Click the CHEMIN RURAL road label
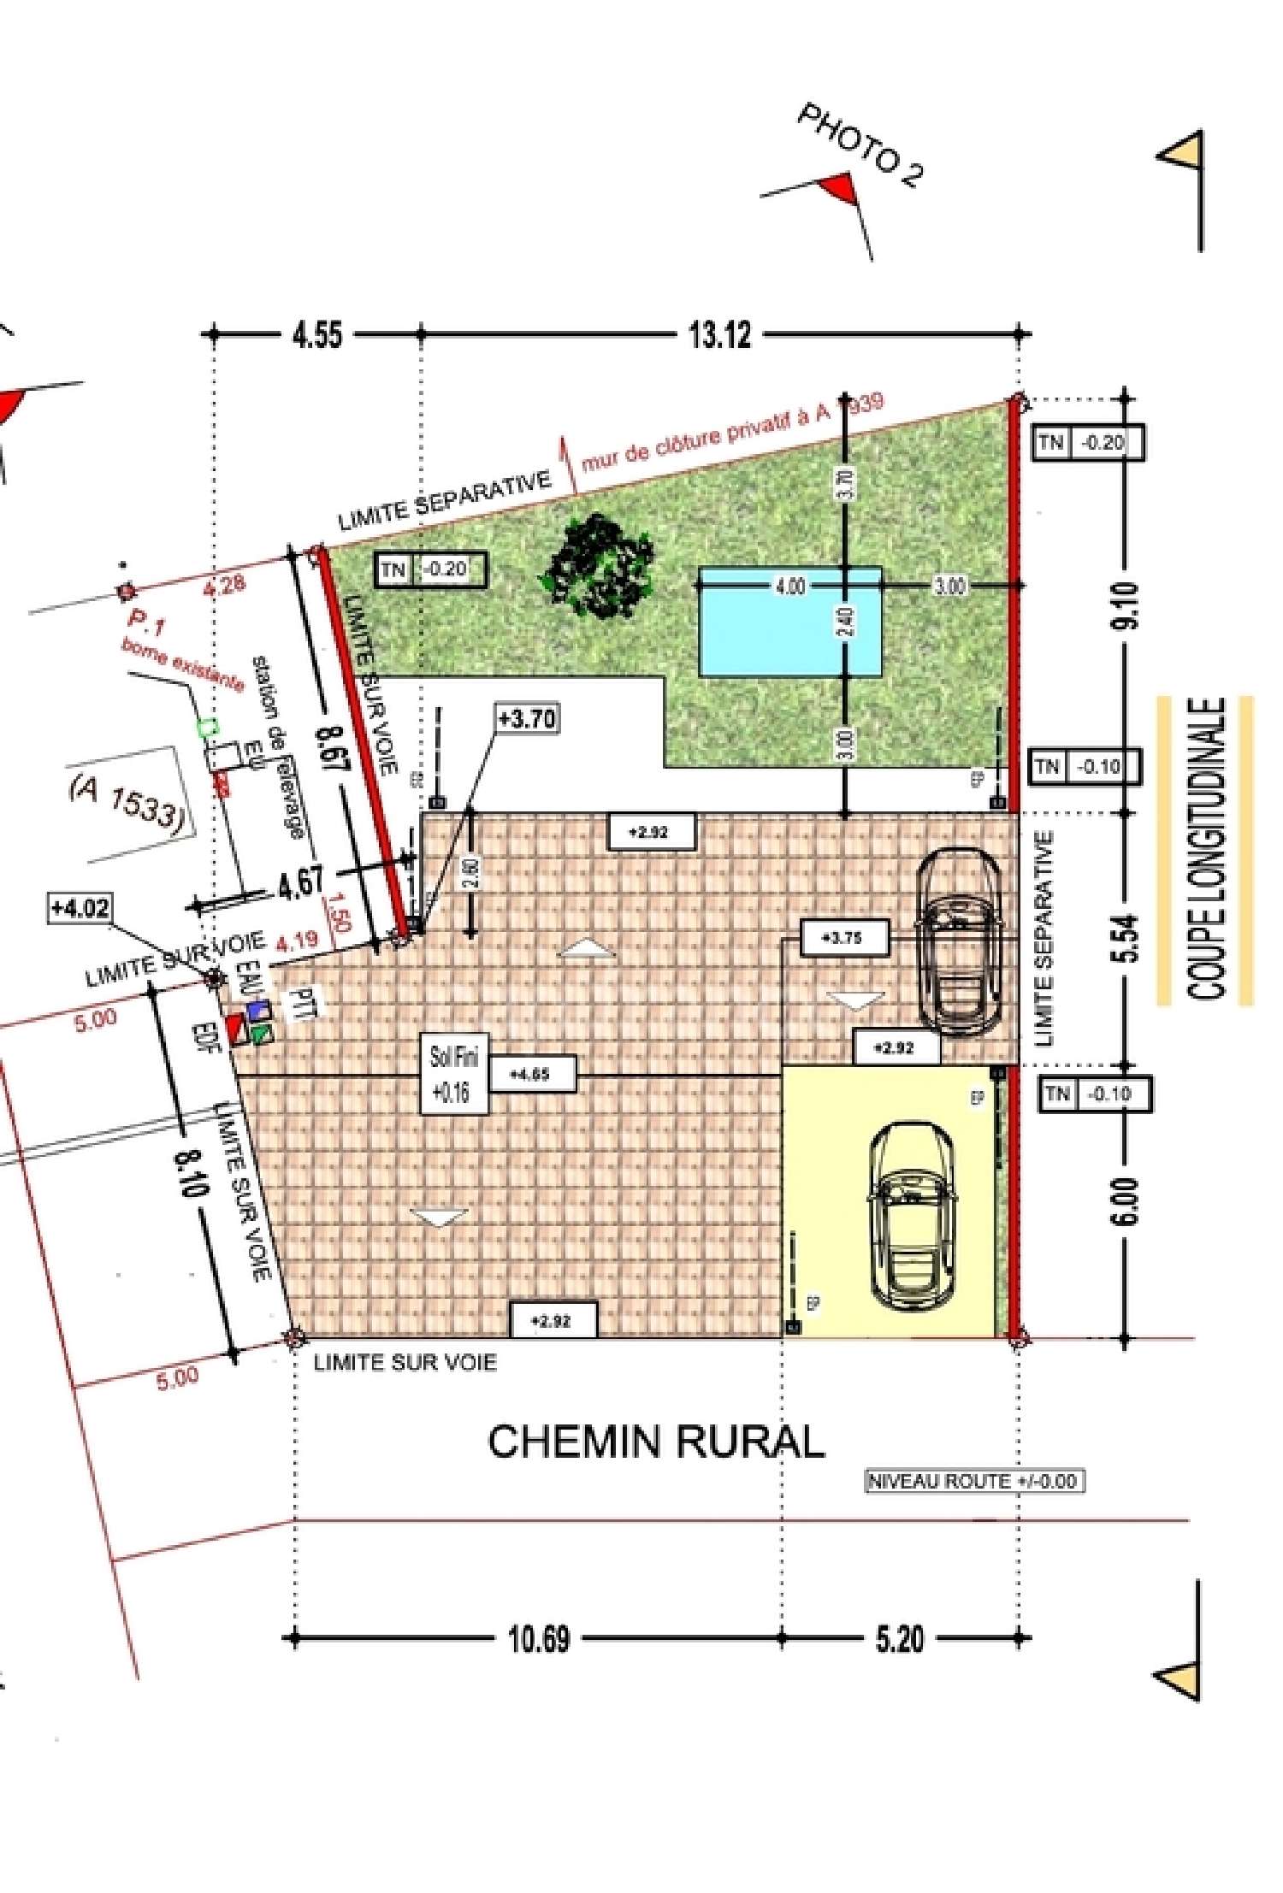(x=656, y=1442)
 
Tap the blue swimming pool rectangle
(x=790, y=622)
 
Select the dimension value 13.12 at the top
(x=720, y=334)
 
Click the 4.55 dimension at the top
(x=317, y=334)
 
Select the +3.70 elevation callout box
(x=528, y=718)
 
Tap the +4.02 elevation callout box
(x=80, y=907)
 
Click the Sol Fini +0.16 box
(x=453, y=1074)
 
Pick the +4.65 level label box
(x=529, y=1074)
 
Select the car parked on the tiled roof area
(x=959, y=941)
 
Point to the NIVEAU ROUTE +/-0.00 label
(x=974, y=1482)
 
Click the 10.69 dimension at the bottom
(x=539, y=1639)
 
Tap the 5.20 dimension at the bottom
(x=900, y=1639)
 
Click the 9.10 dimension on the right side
(x=1126, y=604)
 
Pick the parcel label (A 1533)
(x=127, y=802)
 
